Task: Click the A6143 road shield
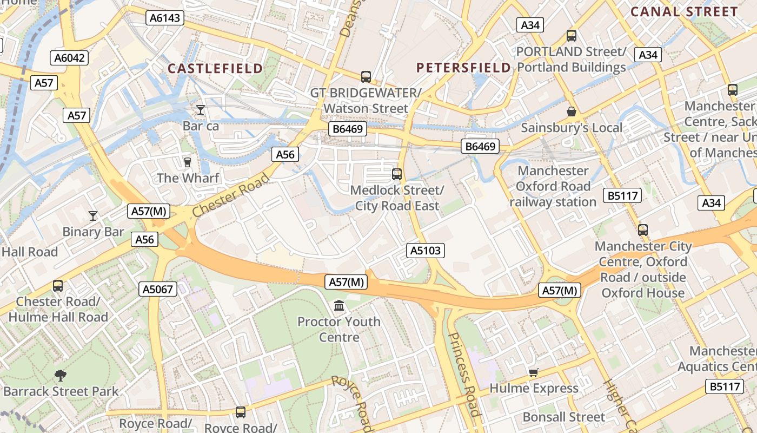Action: (x=165, y=18)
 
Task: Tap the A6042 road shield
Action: (x=70, y=58)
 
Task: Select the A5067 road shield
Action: (x=158, y=289)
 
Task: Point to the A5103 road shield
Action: (x=426, y=251)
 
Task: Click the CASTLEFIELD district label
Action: (x=215, y=69)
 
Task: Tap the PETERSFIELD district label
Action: (x=463, y=68)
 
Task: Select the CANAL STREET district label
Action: (x=684, y=12)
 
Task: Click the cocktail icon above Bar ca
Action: (x=201, y=110)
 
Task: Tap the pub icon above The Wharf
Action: (x=188, y=162)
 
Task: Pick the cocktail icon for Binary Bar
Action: (x=93, y=216)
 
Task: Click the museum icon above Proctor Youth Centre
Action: (x=339, y=306)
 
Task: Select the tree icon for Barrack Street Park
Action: (x=61, y=375)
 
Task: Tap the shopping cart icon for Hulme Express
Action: (x=534, y=372)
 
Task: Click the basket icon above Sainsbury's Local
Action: (x=572, y=112)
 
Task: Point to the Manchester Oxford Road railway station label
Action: (x=553, y=186)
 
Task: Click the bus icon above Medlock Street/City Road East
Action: (x=397, y=174)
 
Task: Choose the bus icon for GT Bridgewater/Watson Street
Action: (x=366, y=77)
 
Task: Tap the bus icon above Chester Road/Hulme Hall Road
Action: (x=58, y=285)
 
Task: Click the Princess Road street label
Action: (x=464, y=373)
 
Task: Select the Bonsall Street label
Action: (x=564, y=417)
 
